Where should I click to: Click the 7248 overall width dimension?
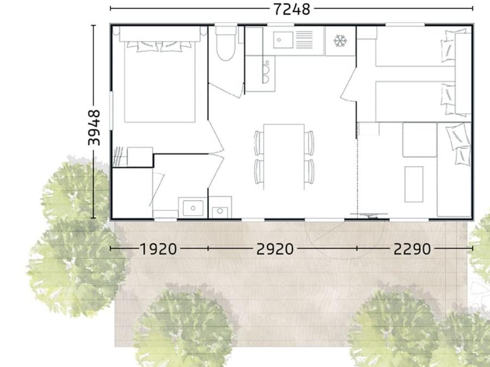[x=292, y=9]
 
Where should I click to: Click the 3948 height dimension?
[x=94, y=128]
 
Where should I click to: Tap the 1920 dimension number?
[x=158, y=249]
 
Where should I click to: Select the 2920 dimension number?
[x=275, y=249]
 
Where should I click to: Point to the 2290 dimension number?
[x=412, y=249]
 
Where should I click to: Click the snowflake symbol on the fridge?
[x=340, y=41]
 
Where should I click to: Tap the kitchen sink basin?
[x=283, y=40]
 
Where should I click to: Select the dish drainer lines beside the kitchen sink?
[x=304, y=40]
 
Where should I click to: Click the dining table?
[x=284, y=157]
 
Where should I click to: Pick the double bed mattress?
[x=160, y=82]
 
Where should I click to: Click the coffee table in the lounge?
[x=414, y=184]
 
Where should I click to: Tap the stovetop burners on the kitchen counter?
[x=266, y=72]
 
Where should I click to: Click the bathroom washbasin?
[x=193, y=208]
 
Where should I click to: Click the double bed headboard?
[x=160, y=34]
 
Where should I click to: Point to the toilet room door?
[x=226, y=90]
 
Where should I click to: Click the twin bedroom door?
[x=348, y=84]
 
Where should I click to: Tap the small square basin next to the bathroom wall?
[x=220, y=212]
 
